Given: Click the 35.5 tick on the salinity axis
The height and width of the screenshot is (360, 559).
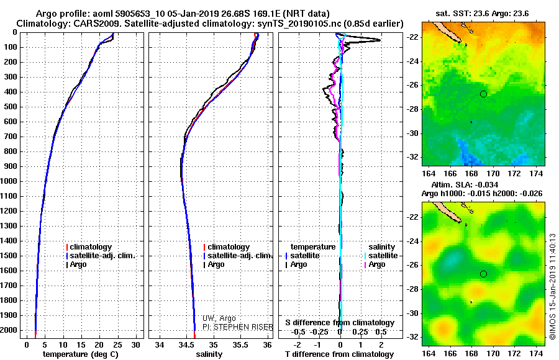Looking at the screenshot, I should click(240, 344).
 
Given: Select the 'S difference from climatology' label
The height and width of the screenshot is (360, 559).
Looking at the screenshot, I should click(339, 323).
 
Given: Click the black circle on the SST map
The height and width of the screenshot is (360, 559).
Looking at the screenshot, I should click(483, 94).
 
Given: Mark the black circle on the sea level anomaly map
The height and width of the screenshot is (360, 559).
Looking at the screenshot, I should click(483, 274).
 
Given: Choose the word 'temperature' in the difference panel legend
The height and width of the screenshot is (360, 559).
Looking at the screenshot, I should click(312, 247).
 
